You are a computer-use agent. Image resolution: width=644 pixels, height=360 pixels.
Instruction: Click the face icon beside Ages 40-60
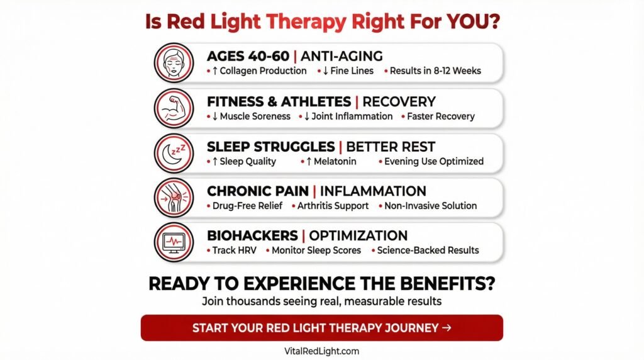(x=174, y=63)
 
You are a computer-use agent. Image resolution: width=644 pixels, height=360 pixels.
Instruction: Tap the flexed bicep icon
(x=174, y=108)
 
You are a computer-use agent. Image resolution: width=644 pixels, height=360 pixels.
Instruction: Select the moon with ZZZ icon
(x=174, y=154)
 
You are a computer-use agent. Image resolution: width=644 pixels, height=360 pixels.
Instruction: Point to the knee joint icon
(x=174, y=198)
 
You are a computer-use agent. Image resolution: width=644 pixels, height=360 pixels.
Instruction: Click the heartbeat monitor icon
(x=174, y=242)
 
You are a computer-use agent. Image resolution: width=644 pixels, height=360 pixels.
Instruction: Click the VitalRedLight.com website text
(x=321, y=351)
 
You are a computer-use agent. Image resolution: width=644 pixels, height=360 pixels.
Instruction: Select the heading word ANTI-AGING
(x=341, y=56)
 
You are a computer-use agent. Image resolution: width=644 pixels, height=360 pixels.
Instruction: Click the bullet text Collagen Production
(x=263, y=70)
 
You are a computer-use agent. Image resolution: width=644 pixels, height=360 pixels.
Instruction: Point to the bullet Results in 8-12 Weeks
(x=435, y=70)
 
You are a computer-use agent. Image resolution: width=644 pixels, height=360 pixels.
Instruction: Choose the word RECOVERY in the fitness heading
(x=399, y=101)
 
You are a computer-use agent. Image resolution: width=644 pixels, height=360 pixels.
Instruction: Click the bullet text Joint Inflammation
(x=352, y=116)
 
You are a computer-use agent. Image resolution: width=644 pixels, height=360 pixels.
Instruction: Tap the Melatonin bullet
(x=335, y=162)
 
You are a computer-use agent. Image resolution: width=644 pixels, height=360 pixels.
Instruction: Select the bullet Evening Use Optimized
(x=434, y=162)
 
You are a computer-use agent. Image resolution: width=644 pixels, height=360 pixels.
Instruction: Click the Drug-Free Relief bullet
(x=247, y=205)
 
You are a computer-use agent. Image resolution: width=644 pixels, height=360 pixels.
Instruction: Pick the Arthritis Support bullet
(x=333, y=205)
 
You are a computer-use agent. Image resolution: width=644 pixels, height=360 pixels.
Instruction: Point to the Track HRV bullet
(x=234, y=250)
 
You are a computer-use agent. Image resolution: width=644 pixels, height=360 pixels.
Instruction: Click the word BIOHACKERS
(x=252, y=235)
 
